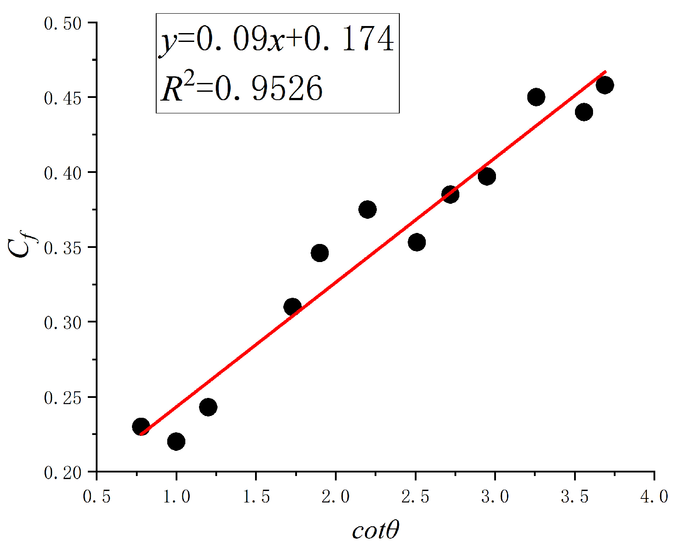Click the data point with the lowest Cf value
coord(176,441)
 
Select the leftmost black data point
coord(141,427)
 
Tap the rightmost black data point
coord(605,85)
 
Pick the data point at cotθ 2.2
coord(368,209)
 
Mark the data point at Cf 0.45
coord(536,97)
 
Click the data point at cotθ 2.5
coord(417,242)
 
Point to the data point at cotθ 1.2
coord(208,407)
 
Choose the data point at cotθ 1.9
coord(319,253)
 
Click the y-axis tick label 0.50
coord(63,23)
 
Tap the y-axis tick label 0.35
coord(63,248)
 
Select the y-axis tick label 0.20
coord(63,473)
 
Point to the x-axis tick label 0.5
coord(97,497)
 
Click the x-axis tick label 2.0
coord(336,497)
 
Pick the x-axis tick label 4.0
coord(654,497)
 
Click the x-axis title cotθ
coord(376,531)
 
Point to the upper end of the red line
coord(605,71)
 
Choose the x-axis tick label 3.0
coord(495,497)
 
